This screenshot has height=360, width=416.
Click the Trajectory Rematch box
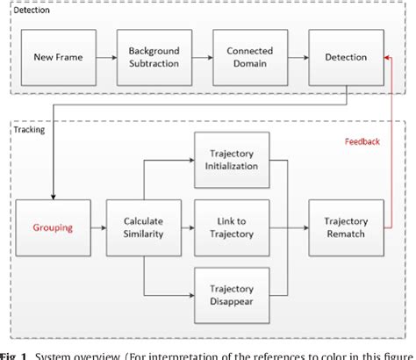point(345,227)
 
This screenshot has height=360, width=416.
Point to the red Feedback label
point(362,140)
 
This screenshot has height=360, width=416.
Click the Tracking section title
point(29,128)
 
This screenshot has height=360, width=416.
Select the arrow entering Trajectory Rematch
point(298,227)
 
